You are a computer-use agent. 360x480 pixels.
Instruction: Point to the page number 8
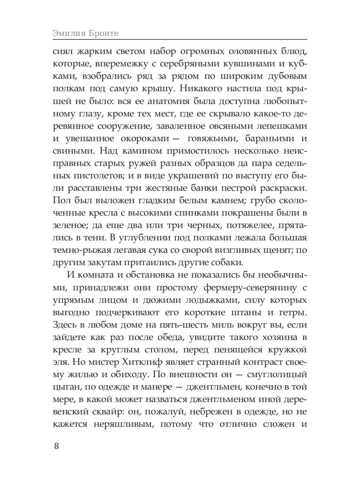click(56, 446)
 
